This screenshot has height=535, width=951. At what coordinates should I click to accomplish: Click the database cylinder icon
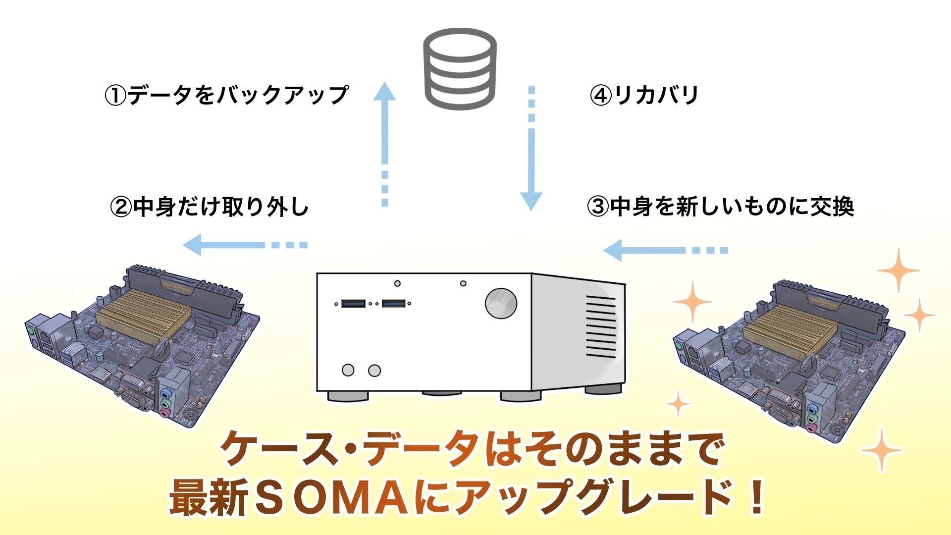459,68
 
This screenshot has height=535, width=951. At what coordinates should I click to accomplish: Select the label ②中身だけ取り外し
210,206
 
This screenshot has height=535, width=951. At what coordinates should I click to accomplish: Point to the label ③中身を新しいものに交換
721,206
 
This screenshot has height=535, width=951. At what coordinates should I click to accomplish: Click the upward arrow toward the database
385,144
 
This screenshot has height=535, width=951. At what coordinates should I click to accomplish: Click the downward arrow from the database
531,149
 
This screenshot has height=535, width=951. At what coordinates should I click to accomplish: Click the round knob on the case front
501,303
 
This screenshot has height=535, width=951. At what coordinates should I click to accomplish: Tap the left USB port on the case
353,303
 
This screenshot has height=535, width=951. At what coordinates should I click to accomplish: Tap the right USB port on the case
394,303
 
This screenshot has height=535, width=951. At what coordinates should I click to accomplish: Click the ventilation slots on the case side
601,327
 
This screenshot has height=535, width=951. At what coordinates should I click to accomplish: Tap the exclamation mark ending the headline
756,497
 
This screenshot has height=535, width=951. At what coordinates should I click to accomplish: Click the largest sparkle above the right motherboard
898,270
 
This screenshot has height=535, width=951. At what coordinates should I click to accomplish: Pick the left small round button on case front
348,370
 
